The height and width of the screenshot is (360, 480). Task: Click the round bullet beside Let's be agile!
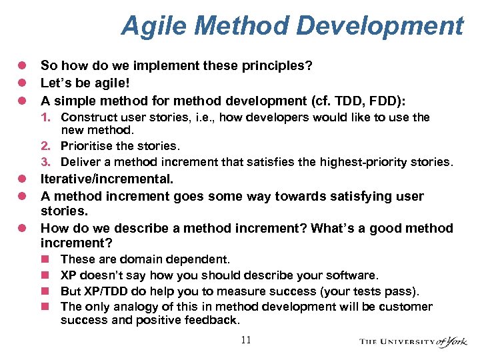point(21,83)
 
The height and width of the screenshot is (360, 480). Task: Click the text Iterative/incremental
point(107,179)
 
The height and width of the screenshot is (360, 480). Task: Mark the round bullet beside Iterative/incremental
point(21,179)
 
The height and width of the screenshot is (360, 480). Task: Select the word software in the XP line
point(354,275)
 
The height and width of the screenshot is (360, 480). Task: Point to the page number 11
point(246,341)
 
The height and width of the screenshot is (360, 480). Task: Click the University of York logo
point(414,341)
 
